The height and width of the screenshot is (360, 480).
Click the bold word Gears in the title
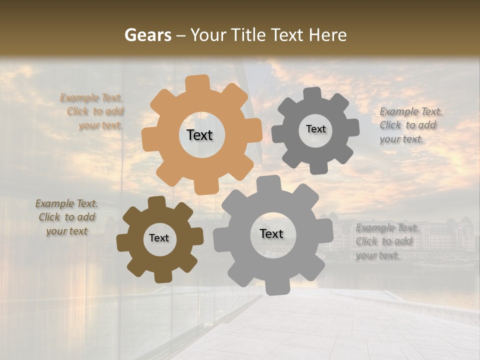147,35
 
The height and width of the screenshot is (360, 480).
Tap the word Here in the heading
327,35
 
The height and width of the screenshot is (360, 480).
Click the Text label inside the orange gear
199,135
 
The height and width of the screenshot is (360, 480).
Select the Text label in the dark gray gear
315,129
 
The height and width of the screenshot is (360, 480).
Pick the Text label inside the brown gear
159,238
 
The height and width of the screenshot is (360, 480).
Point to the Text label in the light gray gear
271,233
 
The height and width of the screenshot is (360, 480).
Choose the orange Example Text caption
92,111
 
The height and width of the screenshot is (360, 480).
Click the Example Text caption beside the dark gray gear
410,125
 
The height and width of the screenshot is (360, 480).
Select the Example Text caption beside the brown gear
67,217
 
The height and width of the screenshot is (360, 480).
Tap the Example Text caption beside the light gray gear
386,241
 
